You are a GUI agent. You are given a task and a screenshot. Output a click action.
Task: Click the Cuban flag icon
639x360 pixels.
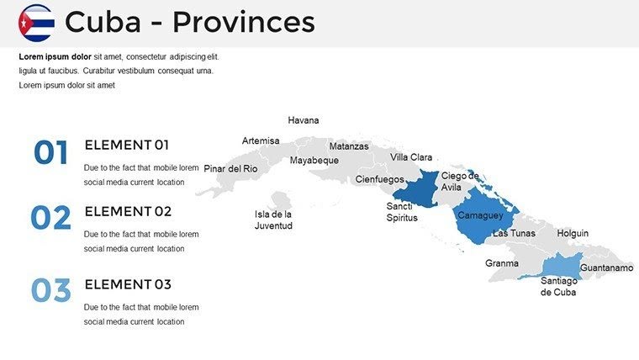click(36, 23)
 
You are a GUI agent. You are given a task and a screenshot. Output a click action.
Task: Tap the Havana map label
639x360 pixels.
click(304, 120)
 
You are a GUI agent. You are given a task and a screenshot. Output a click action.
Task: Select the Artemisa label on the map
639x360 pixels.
click(261, 140)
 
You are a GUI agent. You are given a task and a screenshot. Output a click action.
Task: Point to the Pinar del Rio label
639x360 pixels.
click(230, 168)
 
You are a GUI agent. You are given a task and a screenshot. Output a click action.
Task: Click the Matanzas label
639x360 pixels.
click(349, 146)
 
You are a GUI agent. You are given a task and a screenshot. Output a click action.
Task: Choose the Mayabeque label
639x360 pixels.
click(314, 161)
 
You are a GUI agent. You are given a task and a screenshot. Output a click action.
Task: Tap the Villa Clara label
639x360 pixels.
click(411, 157)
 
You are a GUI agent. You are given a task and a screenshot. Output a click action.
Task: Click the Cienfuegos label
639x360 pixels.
click(379, 179)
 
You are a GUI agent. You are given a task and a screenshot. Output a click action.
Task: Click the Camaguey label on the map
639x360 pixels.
click(480, 215)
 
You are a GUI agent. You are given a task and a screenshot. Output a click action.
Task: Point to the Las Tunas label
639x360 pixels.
click(514, 233)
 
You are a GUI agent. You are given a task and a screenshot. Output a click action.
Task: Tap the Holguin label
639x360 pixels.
click(573, 233)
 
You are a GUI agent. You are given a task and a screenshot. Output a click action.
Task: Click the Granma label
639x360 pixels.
click(502, 263)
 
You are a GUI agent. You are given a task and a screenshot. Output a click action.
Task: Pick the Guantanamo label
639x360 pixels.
click(606, 267)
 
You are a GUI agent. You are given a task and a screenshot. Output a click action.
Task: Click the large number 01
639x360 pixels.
click(50, 153)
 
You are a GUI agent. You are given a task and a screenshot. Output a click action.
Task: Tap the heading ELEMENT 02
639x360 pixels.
click(128, 211)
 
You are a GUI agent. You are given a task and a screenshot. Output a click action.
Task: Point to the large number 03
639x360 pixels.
click(50, 290)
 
